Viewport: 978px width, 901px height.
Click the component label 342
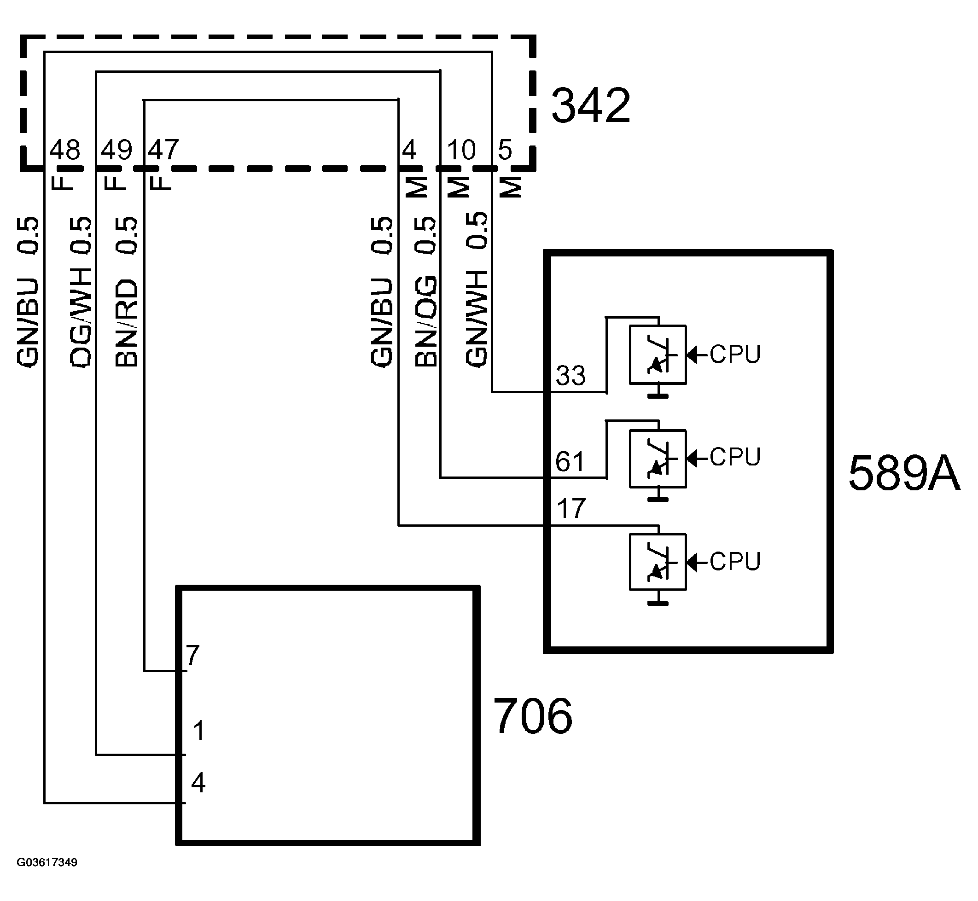pos(590,105)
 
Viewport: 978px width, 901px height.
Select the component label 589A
pos(904,473)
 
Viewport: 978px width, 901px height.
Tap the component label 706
pos(533,715)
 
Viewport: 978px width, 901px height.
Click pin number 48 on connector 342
pos(65,150)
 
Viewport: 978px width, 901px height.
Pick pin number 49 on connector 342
pos(116,150)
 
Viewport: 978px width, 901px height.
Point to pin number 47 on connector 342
pos(163,150)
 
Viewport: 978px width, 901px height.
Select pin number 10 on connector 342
pos(461,150)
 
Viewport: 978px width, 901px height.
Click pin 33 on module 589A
pos(570,375)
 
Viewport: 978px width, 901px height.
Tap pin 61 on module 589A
pos(570,461)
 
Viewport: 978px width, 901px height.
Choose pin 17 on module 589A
pos(570,509)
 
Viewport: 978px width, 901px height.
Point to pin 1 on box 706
pos(198,730)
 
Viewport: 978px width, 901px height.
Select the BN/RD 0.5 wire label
pos(127,291)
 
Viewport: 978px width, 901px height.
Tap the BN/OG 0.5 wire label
pos(425,291)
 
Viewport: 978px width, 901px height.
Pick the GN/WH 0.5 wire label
pos(476,290)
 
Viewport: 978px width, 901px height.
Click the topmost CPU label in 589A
pos(734,355)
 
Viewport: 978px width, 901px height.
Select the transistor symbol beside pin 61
pos(658,458)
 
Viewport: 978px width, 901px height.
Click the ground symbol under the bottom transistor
pos(658,603)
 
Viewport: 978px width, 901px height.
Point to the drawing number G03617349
pos(47,862)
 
